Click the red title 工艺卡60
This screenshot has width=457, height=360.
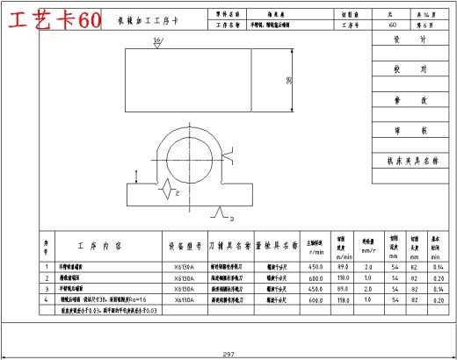[52, 20]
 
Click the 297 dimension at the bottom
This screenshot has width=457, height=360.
[228, 354]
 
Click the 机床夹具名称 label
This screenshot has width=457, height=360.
[411, 162]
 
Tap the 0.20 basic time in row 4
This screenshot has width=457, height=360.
[437, 299]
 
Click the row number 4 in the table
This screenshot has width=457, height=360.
[47, 299]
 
